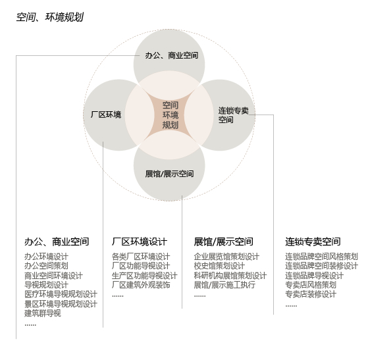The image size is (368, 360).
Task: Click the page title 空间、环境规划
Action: pyautogui.click(x=50, y=17)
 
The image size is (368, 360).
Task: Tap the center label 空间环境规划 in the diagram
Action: pyautogui.click(x=171, y=115)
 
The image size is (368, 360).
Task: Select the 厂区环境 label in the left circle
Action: pyautogui.click(x=106, y=115)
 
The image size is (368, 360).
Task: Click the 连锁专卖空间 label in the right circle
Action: pyautogui.click(x=233, y=115)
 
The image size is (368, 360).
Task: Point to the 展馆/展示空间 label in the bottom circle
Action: pyautogui.click(x=169, y=174)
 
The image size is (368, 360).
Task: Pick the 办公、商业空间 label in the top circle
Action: pyautogui.click(x=172, y=55)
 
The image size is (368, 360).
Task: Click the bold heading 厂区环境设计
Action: pyautogui.click(x=140, y=242)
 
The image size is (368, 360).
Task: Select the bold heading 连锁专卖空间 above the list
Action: pyautogui.click(x=313, y=242)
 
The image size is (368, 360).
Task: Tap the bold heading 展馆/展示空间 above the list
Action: pyautogui.click(x=223, y=242)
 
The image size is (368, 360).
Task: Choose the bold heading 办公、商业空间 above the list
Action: pyautogui.click(x=57, y=242)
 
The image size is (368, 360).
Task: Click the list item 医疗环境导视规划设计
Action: pyautogui.click(x=61, y=294)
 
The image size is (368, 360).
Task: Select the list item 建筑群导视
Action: pyautogui.click(x=43, y=313)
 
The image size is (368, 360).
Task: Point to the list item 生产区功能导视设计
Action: pyautogui.click(x=145, y=276)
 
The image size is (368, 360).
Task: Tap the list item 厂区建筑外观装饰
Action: pyautogui.click(x=141, y=285)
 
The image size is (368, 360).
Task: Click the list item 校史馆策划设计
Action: pyautogui.click(x=219, y=266)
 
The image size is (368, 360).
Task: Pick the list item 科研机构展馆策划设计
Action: pyautogui.click(x=230, y=276)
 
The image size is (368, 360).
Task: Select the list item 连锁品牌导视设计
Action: pyautogui.click(x=314, y=276)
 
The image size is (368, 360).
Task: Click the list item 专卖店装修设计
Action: pyautogui.click(x=311, y=294)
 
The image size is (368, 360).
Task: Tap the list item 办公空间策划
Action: pyautogui.click(x=46, y=266)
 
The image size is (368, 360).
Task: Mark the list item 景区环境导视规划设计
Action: pyautogui.click(x=61, y=304)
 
